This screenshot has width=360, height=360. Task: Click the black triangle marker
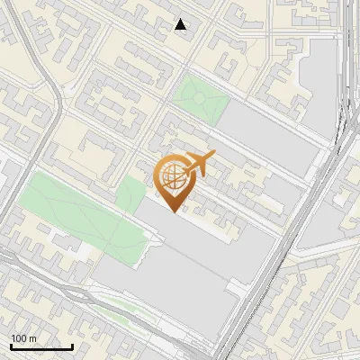click(181, 24)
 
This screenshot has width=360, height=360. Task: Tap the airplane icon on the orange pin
click(200, 163)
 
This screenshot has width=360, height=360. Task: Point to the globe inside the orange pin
click(173, 175)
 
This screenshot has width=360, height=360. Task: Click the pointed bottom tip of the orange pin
click(175, 212)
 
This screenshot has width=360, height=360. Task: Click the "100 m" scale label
click(23, 338)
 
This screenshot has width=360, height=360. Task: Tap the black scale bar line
click(41, 346)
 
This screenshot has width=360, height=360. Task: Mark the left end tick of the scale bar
click(11, 345)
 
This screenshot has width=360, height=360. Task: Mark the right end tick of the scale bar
click(72, 345)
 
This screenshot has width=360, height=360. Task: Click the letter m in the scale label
click(32, 338)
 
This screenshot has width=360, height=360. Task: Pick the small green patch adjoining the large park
click(130, 194)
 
